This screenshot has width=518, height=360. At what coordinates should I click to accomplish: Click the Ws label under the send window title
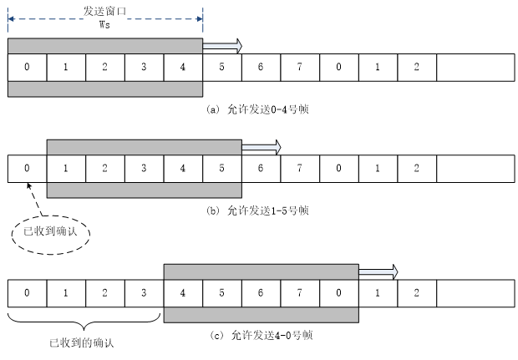(104, 24)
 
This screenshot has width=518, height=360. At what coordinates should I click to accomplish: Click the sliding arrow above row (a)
(222, 45)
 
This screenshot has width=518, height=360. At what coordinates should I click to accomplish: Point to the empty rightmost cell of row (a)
(474, 66)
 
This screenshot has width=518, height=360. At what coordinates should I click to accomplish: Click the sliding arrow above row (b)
(262, 147)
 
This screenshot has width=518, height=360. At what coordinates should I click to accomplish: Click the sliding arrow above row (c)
(378, 271)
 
